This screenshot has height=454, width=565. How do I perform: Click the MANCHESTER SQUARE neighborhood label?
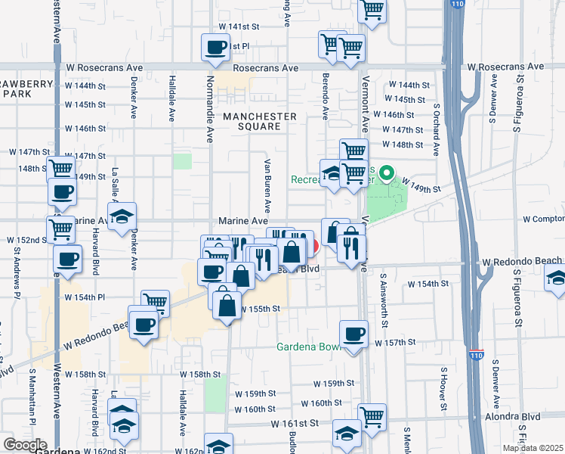coord(259,122)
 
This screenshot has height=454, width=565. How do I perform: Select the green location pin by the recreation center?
coord(387,175)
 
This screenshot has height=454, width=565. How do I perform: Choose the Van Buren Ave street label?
coord(267,185)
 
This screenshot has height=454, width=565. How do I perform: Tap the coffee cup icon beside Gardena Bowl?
coord(353,334)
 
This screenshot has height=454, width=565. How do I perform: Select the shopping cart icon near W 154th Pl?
coord(154,303)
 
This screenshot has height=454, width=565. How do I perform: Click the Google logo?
coord(25,445)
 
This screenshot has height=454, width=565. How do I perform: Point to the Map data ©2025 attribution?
coord(532,448)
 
